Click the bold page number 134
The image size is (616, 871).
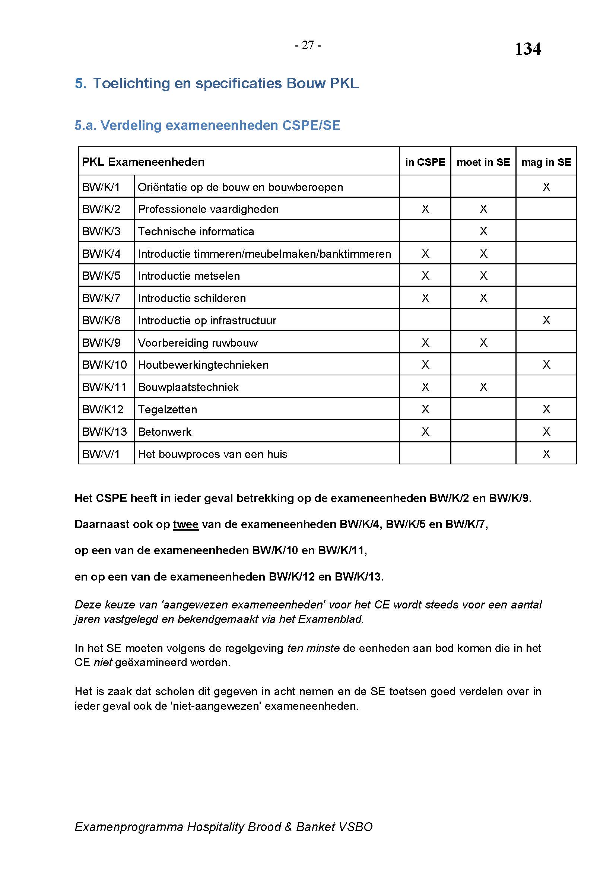point(527,49)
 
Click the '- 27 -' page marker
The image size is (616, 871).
point(308,45)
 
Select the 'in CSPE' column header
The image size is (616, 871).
point(425,162)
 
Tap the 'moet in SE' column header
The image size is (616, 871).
point(483,162)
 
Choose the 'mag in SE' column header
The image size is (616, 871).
point(546,162)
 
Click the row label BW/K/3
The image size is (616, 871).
point(101,231)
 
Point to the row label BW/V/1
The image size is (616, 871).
point(101,454)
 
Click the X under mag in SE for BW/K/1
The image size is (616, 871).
point(546,187)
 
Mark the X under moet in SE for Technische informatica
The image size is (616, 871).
point(483,231)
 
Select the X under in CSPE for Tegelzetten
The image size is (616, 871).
point(425,409)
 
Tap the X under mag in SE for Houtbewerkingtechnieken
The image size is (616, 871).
point(546,365)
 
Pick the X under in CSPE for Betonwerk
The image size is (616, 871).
point(425,432)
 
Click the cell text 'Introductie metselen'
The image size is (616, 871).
point(189,276)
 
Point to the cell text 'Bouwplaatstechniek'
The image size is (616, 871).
point(188,387)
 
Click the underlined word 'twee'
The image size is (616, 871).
point(185,524)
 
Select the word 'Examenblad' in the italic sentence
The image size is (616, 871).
point(330,619)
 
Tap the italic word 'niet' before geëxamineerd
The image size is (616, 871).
point(103,662)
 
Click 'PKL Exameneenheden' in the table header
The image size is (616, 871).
point(143,162)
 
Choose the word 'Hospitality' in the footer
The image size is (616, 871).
point(215,827)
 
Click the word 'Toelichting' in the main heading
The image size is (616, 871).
point(131,83)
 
